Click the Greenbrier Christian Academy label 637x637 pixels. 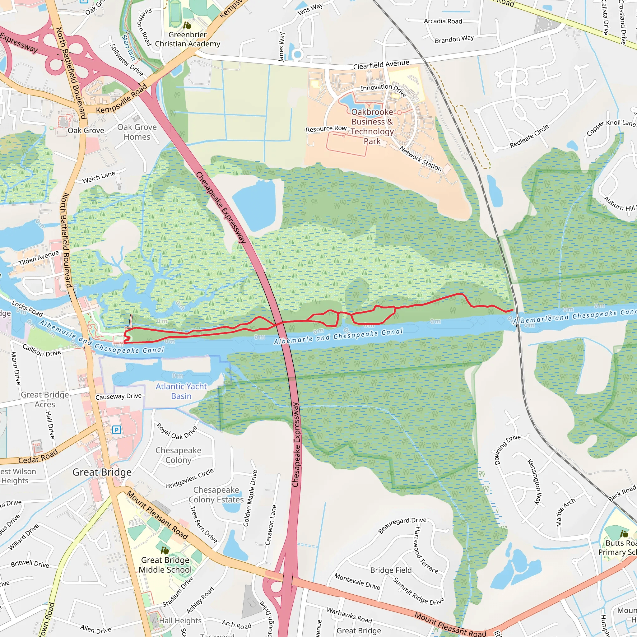187,39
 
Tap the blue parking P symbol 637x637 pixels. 116,430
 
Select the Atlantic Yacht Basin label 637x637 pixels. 181,391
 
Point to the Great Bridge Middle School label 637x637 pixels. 165,565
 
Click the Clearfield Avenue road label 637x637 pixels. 381,65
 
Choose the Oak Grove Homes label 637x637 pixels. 137,132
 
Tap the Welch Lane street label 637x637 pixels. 99,177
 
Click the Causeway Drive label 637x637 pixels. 119,396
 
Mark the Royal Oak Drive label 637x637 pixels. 177,432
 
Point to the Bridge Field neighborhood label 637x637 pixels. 391,570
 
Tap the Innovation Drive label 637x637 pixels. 384,89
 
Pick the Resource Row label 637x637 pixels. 326,129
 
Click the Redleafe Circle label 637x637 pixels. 529,136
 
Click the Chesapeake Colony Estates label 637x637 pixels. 216,495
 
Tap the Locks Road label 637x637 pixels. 27,308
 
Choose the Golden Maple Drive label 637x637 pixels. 250,498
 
